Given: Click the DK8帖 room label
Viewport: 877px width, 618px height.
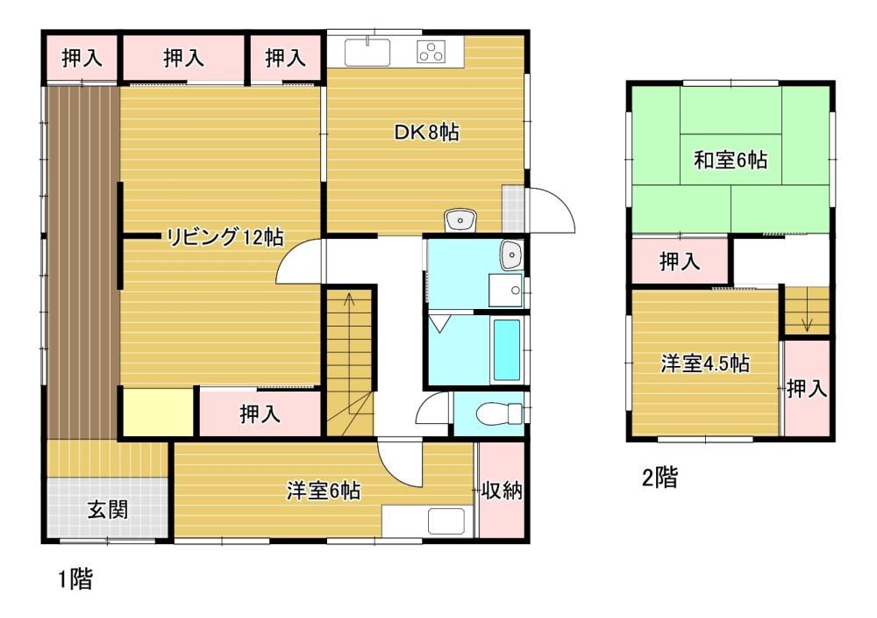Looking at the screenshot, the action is click(427, 133).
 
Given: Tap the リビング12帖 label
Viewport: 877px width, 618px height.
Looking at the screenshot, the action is click(225, 237).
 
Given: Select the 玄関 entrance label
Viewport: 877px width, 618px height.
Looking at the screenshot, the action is click(107, 510).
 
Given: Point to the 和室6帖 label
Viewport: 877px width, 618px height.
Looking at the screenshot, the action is click(730, 160).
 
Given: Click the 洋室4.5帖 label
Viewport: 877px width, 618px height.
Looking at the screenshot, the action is click(705, 363).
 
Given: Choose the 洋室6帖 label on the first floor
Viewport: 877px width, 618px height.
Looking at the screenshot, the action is click(324, 491).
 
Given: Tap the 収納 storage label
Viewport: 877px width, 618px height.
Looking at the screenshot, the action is click(502, 491).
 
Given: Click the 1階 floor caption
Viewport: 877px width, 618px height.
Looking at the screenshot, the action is click(76, 578).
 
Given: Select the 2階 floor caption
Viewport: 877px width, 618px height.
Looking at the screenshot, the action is click(660, 478).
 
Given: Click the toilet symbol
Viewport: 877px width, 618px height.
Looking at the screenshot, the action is click(500, 413).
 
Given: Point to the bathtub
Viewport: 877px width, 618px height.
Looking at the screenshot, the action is click(507, 350).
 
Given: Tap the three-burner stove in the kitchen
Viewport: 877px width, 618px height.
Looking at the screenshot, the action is click(431, 52).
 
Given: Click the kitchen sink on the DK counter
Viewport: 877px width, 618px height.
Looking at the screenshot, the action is click(367, 52).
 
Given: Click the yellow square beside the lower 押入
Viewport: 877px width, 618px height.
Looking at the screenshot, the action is click(158, 412).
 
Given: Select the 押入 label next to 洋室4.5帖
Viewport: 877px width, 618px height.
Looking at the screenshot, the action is click(806, 388).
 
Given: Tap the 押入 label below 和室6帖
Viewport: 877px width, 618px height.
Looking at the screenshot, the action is click(679, 261).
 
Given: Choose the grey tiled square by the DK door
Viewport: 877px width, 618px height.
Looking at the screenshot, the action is click(513, 208).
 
